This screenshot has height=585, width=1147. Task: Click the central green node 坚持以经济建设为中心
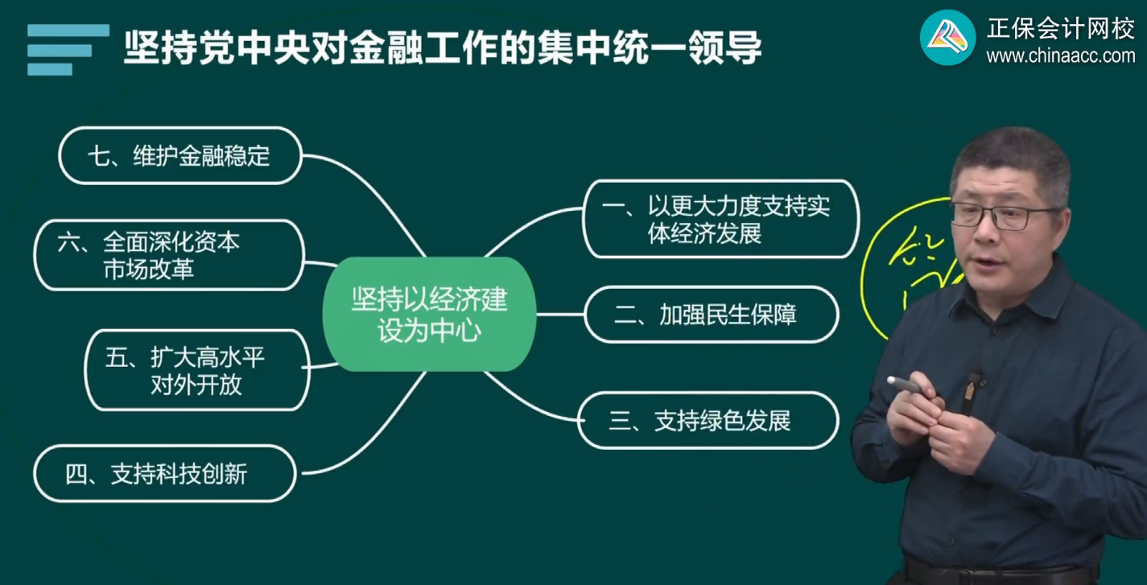(x=429, y=315)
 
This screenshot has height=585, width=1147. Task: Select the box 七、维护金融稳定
(x=180, y=155)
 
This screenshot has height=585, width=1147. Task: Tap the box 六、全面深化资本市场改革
(x=169, y=255)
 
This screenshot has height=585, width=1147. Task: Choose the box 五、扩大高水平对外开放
(x=197, y=370)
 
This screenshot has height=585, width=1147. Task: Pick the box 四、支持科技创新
(x=164, y=474)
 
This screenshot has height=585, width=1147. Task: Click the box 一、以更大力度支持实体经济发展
(x=720, y=219)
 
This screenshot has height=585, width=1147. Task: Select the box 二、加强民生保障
(x=712, y=315)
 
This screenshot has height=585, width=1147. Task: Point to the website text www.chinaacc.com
(x=1060, y=56)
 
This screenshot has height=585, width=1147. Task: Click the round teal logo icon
(x=947, y=37)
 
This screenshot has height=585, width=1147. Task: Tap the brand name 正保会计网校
(x=1060, y=28)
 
